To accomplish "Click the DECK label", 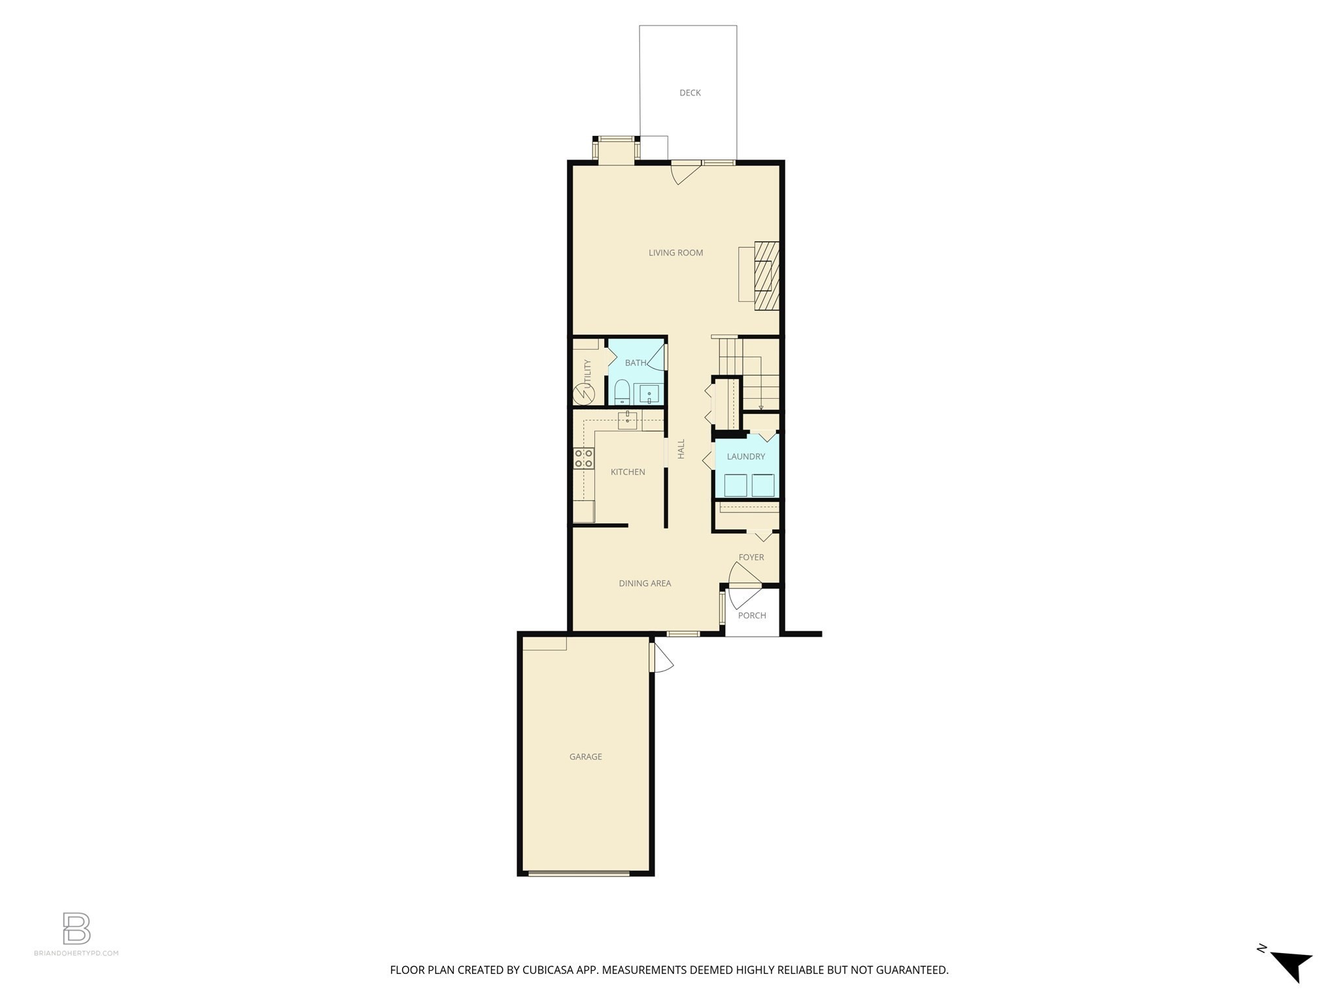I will pos(690,93).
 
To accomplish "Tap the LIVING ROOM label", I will pos(675,253).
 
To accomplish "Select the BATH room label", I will pos(635,363).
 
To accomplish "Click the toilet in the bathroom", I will pos(622,392).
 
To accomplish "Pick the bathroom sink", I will pos(649,394).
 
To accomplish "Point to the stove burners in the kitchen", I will pos(583,458).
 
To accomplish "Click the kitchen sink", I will pos(628,419).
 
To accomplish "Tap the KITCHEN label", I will pos(628,472).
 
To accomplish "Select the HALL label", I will pos(681,448).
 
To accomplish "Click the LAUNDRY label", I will pos(745,457).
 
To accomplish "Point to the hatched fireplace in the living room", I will pos(767,276).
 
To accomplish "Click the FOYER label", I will pos(751,558).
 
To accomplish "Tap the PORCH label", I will pos(752,616).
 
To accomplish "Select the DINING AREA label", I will pos(645,584).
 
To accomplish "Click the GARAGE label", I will pos(585,757).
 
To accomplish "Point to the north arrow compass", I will pos(1291,965).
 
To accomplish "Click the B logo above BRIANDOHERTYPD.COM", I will pos(76,929).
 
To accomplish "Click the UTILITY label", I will pos(587,373).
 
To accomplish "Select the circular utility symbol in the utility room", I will pos(581,394).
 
